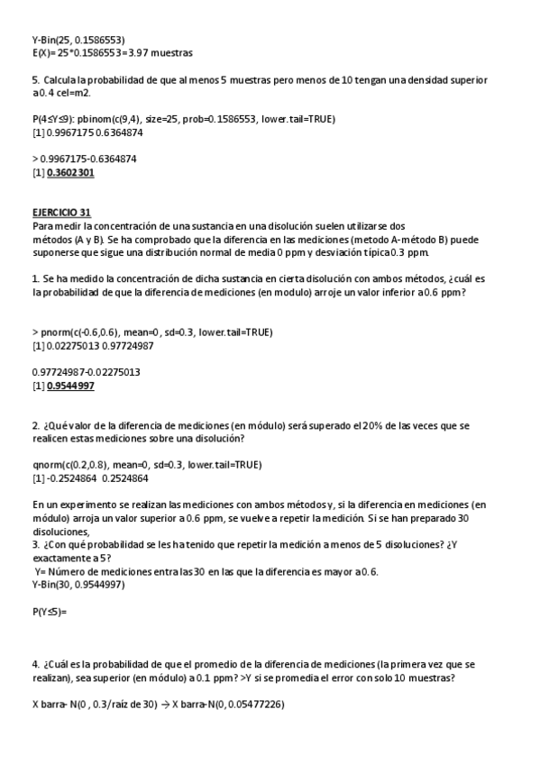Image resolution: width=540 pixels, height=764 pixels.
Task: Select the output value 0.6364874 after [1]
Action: pyautogui.click(x=111, y=132)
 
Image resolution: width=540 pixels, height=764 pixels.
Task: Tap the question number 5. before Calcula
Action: pyautogui.click(x=35, y=80)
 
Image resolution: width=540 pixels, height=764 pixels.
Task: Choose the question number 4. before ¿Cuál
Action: pyautogui.click(x=35, y=664)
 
